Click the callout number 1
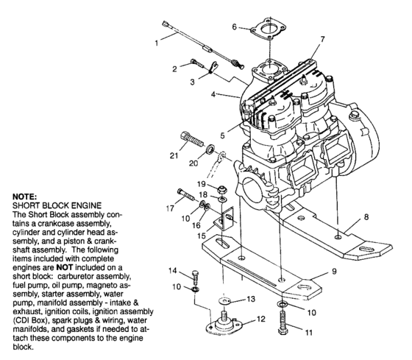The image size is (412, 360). pyautogui.click(x=157, y=43)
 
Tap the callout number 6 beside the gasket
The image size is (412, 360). pyautogui.click(x=235, y=27)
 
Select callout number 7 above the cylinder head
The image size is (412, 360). pyautogui.click(x=322, y=38)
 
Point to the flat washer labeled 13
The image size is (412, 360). pyautogui.click(x=224, y=303)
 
